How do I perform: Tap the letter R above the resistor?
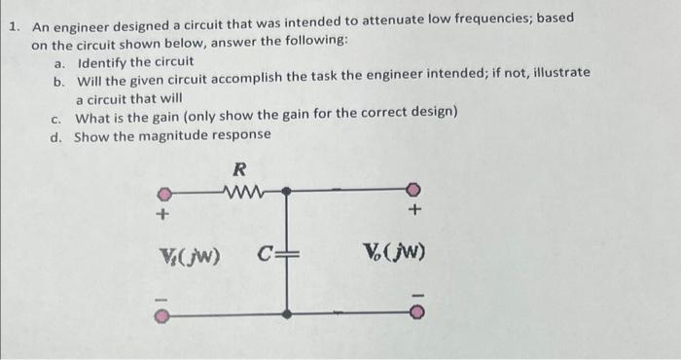click(239, 168)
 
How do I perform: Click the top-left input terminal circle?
click(166, 191)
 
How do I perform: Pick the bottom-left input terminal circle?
click(166, 314)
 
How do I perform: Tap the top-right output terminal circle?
click(414, 190)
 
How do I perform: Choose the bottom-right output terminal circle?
click(414, 313)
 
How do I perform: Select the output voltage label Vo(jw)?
click(394, 256)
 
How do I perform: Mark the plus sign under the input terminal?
click(164, 212)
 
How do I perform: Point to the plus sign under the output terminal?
click(415, 209)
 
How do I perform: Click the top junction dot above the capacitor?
click(285, 191)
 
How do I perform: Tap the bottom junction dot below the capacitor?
click(285, 313)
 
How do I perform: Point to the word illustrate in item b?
click(557, 73)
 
